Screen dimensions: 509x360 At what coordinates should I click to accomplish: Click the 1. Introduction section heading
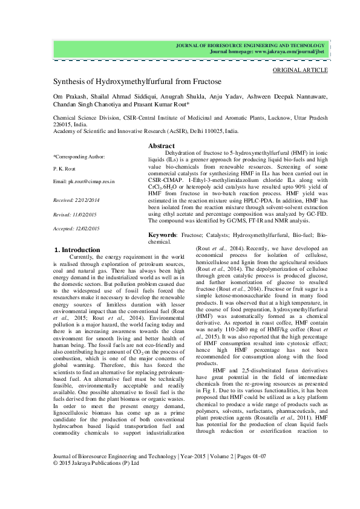click(x=77, y=249)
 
